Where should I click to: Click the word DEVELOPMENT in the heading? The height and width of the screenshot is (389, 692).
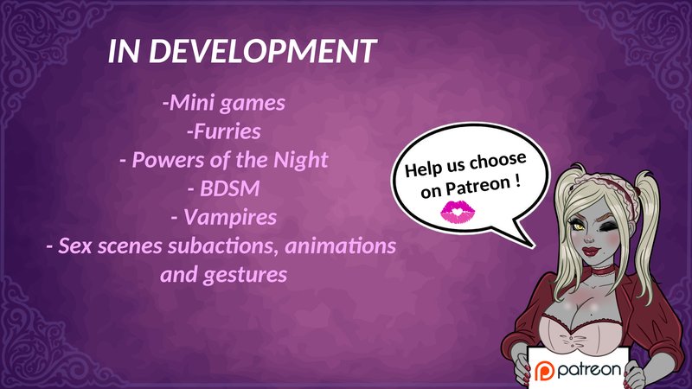(x=263, y=51)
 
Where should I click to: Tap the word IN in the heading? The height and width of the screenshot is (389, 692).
(x=125, y=51)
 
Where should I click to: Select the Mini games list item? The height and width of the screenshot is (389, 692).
(x=224, y=104)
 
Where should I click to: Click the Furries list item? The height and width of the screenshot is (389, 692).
(x=224, y=131)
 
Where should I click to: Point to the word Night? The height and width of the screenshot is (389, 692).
(x=301, y=161)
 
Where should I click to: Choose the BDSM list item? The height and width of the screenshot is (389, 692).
(x=224, y=188)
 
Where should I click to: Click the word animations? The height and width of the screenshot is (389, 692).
(x=341, y=246)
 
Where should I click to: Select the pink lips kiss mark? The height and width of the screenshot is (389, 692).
(x=458, y=212)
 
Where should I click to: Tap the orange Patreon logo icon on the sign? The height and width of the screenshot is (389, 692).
(x=544, y=371)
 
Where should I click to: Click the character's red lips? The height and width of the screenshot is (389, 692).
(x=592, y=252)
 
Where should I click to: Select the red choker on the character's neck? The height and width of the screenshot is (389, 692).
(x=598, y=268)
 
